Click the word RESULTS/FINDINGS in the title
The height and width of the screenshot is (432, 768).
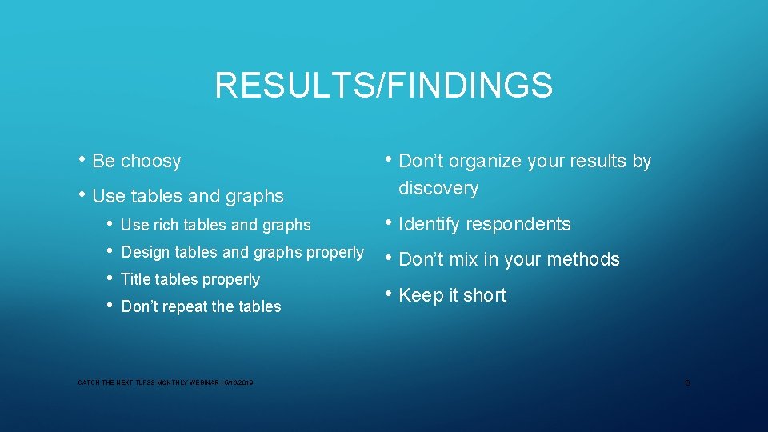click(x=383, y=86)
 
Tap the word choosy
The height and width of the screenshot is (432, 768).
click(x=150, y=161)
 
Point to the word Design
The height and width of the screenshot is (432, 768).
click(x=145, y=252)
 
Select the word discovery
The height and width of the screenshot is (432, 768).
click(x=438, y=189)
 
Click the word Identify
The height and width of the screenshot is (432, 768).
click(x=429, y=224)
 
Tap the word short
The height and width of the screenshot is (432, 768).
click(x=484, y=295)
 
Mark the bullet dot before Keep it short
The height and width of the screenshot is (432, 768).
click(x=388, y=294)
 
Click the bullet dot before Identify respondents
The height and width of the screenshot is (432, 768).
click(x=388, y=223)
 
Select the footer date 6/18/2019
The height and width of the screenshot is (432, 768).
click(x=238, y=384)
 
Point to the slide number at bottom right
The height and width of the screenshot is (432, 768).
click(x=687, y=384)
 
